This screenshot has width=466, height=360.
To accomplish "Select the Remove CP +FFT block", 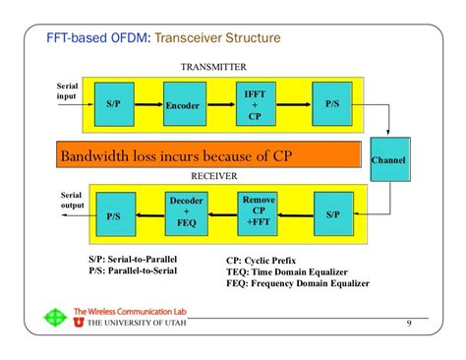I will point(259,211).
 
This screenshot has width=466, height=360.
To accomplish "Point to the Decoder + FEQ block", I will point(187,211).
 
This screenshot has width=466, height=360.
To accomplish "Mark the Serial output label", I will point(71,200).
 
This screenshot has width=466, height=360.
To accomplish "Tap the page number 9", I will point(408,325).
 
